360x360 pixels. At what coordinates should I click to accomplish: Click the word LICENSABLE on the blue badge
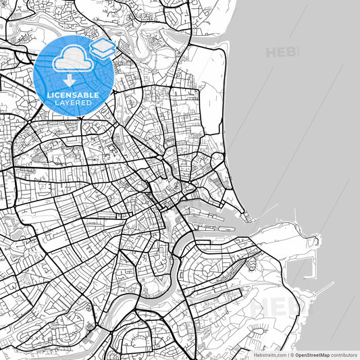[71, 95]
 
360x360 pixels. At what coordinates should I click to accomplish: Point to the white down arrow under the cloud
[70, 81]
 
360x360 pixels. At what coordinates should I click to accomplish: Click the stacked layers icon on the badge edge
[102, 48]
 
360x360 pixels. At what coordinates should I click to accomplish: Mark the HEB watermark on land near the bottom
[274, 307]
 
